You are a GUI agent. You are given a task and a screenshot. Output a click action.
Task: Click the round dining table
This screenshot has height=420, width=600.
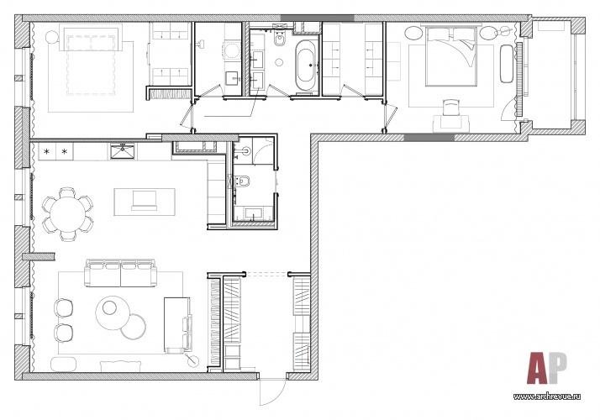click(68, 213)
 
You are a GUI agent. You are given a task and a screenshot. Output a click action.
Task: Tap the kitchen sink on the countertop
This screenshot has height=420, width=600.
click(122, 150)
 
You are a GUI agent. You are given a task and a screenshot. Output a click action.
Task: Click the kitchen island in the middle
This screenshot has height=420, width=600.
click(145, 202)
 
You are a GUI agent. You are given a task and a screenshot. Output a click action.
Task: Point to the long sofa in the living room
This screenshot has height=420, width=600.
click(120, 273)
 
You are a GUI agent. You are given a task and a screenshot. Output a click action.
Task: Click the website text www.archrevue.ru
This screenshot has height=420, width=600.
click(547, 396)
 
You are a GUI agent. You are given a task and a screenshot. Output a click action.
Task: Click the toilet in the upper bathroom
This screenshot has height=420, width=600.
click(280, 39)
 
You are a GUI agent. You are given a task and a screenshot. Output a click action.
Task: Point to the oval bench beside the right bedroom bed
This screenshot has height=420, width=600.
click(507, 64)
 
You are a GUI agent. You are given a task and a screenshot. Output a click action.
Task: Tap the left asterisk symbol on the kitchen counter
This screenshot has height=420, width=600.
click(47, 152)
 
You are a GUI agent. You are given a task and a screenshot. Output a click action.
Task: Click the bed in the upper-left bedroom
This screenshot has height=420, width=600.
click(91, 60)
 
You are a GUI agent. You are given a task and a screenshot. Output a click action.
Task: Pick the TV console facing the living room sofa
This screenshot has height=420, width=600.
click(176, 324)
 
